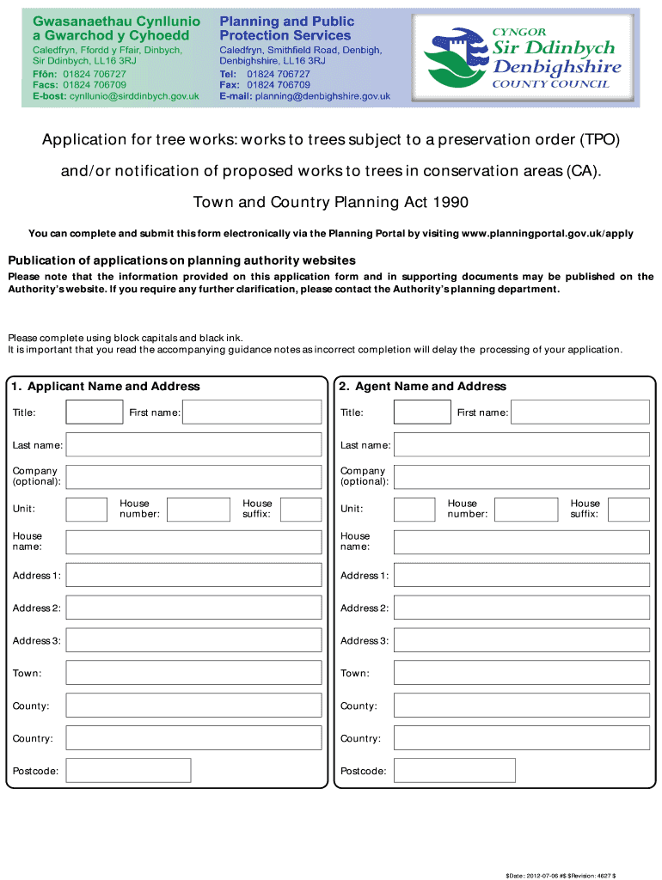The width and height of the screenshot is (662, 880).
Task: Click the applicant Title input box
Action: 95,412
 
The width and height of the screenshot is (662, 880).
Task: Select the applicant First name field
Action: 252,412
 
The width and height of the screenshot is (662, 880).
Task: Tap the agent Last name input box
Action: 521,445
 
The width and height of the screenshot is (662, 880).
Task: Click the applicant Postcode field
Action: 128,771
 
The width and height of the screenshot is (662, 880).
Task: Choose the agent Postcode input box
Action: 454,771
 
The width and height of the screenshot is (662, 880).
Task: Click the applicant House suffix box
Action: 301,510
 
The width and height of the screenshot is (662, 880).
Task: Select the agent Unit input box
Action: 414,510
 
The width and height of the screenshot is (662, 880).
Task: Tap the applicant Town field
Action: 193,674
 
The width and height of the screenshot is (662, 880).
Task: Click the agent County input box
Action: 521,706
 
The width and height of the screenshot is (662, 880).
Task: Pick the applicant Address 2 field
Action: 193,608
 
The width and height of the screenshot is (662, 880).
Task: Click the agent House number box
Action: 526,510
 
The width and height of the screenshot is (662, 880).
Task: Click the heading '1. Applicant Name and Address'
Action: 106,387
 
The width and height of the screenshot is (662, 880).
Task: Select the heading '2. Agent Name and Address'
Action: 423,387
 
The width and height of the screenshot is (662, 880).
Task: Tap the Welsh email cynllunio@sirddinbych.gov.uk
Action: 129,97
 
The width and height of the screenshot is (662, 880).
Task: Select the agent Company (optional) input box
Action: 521,477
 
